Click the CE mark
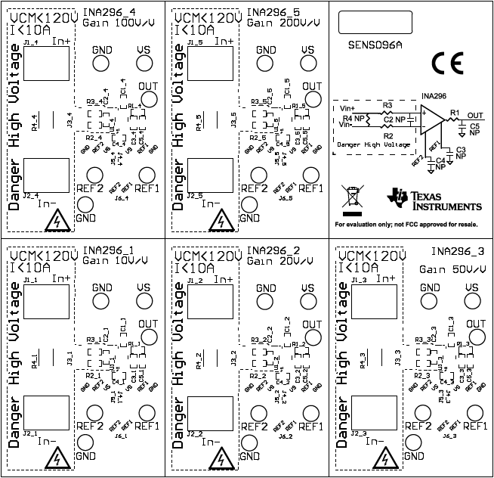446,63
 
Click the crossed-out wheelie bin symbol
353,196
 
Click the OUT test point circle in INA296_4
149,101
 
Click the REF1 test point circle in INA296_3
474,412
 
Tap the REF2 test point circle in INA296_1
94,412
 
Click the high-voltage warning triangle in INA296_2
220,458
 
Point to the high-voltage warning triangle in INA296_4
55,220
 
